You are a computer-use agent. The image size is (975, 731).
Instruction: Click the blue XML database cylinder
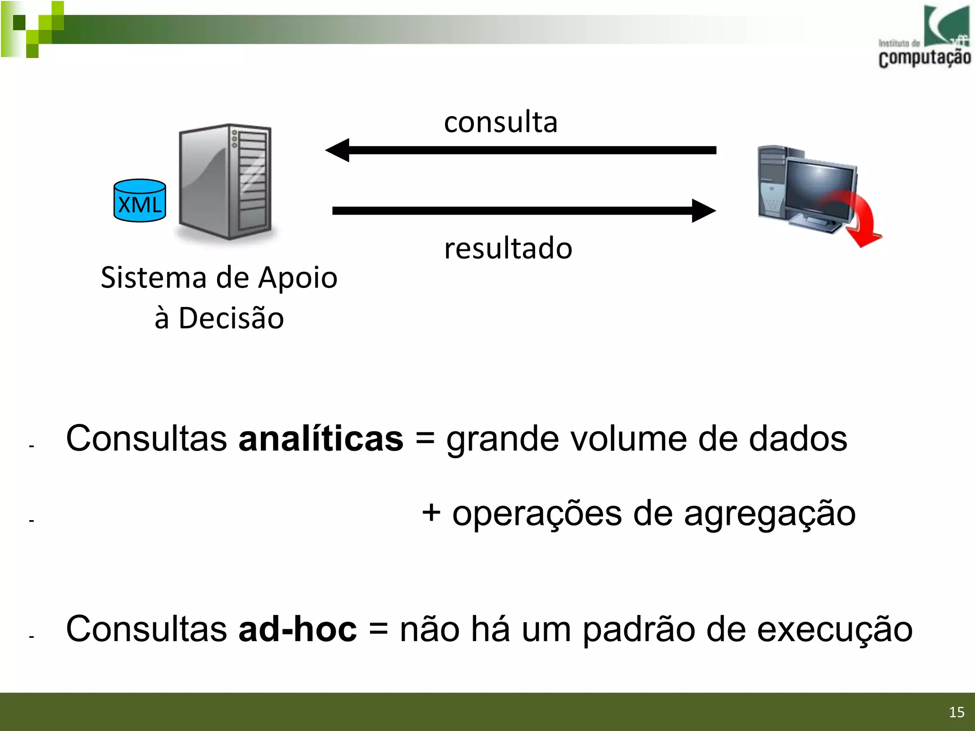coord(139,201)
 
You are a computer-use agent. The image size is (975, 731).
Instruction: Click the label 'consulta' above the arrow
coord(500,122)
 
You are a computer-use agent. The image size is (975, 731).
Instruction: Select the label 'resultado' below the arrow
coord(508,248)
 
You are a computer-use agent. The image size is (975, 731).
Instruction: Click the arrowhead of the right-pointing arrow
coord(703,211)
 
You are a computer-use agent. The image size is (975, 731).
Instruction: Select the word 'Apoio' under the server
coord(298,277)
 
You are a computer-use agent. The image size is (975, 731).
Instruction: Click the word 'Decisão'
coord(231,318)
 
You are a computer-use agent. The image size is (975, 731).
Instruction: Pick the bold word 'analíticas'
coord(321,438)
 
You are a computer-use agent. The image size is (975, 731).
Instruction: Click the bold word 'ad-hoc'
coord(298,629)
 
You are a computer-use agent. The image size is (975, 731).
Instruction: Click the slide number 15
coord(956,712)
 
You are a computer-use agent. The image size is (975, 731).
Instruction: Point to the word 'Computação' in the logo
coord(925,58)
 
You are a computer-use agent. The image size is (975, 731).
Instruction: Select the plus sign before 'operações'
coord(431,513)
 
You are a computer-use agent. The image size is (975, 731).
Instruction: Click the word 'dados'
coord(798,438)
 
